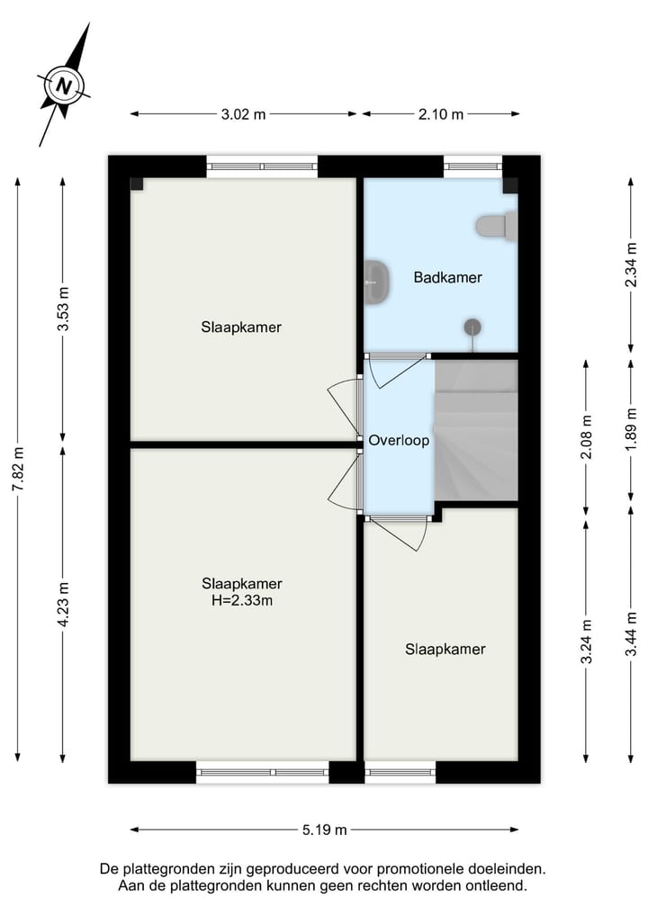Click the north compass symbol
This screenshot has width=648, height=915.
tap(64, 86)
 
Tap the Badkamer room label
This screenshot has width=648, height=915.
tap(447, 277)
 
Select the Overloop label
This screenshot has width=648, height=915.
tap(399, 441)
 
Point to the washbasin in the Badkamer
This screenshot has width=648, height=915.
tap(376, 282)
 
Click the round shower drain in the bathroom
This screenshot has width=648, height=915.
tap(473, 327)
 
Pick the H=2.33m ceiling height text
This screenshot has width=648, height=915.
tap(241, 600)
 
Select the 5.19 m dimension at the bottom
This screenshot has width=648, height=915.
tap(326, 830)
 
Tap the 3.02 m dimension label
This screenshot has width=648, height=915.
tap(243, 114)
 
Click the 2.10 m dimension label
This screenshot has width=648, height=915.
tap(441, 114)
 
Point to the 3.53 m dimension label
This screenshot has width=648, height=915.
tap(62, 309)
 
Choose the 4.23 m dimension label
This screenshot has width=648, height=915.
tap(62, 603)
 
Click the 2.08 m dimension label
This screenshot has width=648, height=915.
tap(587, 437)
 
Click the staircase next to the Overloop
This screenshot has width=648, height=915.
tap(477, 430)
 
